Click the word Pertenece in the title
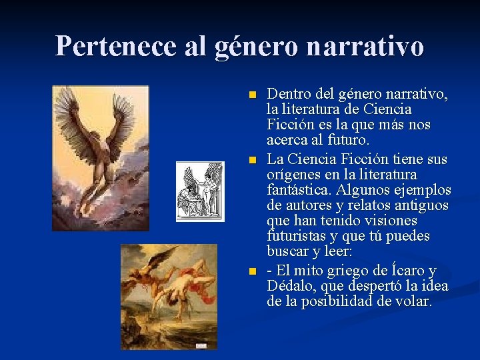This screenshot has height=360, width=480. pos(103,46)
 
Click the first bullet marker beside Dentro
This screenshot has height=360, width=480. pos(251,94)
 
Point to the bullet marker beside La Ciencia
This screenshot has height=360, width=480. pos(251,161)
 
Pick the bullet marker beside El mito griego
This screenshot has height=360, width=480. pos(251,271)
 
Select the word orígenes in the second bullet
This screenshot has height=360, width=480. pos(294,175)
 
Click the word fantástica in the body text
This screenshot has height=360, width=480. pos(297,191)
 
